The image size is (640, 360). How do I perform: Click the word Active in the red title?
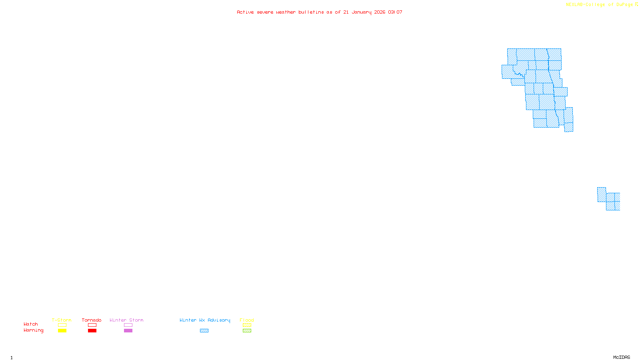(x=245, y=12)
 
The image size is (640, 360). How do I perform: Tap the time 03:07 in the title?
(x=395, y=12)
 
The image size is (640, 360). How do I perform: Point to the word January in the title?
(x=361, y=12)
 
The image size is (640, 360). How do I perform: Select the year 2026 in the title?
(x=380, y=12)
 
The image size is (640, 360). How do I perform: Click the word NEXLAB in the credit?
(x=574, y=4)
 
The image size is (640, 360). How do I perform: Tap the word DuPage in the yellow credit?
(x=624, y=4)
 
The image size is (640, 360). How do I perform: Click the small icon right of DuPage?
(x=636, y=4)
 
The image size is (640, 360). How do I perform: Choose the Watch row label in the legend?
(x=31, y=324)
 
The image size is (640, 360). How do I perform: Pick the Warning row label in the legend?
(x=33, y=330)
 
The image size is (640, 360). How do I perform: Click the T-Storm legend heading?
(x=62, y=320)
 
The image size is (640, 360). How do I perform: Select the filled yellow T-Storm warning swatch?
(x=62, y=331)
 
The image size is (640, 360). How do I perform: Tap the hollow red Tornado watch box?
(x=92, y=325)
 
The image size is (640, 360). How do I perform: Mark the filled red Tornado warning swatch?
(x=92, y=331)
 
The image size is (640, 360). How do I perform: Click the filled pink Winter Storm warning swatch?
(x=128, y=331)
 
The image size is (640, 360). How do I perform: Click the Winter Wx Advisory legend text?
(x=205, y=320)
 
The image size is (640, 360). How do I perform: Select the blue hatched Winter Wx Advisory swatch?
(x=204, y=331)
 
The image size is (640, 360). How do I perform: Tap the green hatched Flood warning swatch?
(x=247, y=331)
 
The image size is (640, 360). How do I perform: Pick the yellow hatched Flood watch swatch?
(x=247, y=325)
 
